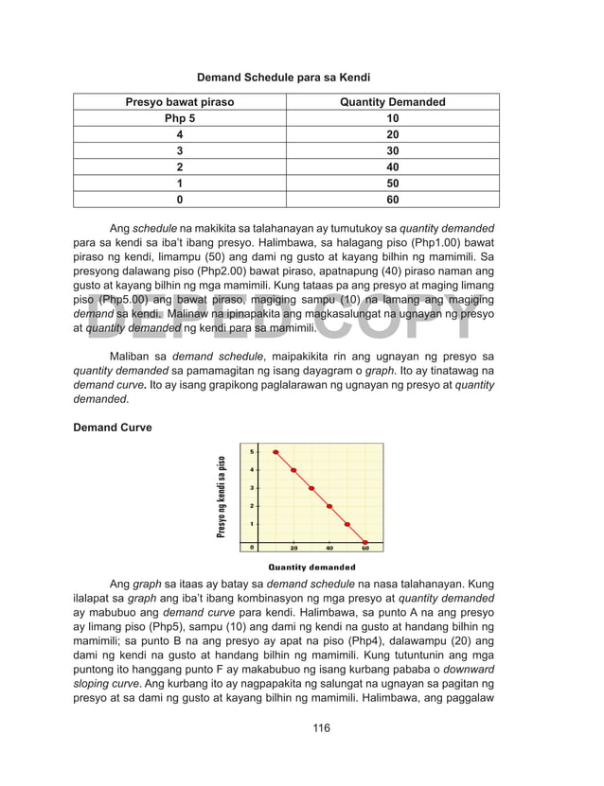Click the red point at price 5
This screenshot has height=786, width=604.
point(275,452)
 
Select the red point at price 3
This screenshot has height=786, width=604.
point(311,488)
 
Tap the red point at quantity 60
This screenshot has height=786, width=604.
point(365,542)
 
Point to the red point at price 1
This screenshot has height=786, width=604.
point(347,524)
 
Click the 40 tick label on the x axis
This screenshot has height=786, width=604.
point(329,548)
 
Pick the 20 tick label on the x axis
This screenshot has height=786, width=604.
point(293,548)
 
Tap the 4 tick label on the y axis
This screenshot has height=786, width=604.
point(252,470)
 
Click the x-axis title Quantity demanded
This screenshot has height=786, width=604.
point(311,568)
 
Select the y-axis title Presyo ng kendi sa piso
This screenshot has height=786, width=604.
point(221,497)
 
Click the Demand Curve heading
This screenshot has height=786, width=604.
point(112,428)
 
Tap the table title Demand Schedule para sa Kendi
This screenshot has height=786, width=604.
point(282,76)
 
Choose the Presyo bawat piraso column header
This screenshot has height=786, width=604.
point(180,102)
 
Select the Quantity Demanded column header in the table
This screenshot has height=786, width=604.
point(392,102)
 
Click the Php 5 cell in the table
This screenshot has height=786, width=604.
point(180,118)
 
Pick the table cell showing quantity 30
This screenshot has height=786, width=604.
point(392,151)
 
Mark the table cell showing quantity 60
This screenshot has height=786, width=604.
point(392,200)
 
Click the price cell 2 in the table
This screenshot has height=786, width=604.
point(180,167)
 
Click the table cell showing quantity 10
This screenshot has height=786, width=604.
point(392,118)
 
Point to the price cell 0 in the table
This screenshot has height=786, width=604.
point(180,200)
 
